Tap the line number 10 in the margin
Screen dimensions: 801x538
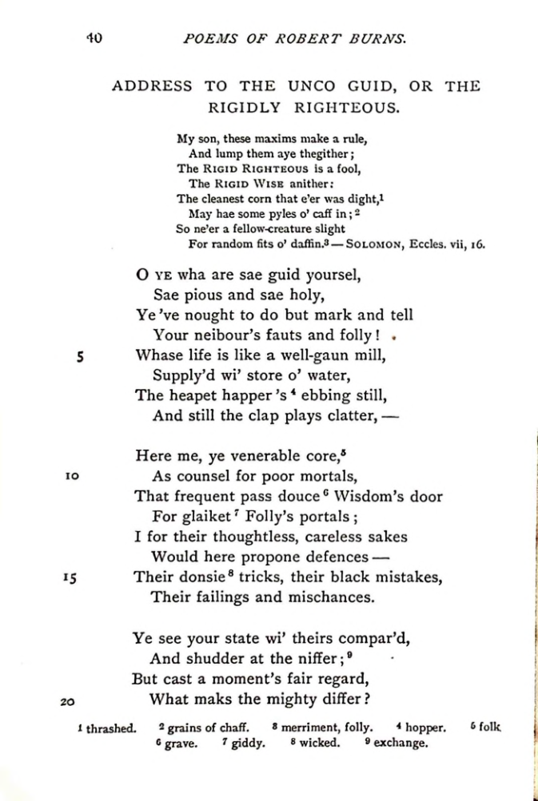click(71, 476)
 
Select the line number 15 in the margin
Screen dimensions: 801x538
click(71, 577)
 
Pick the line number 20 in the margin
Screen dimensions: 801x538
click(68, 700)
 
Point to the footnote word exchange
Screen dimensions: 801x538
click(401, 744)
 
